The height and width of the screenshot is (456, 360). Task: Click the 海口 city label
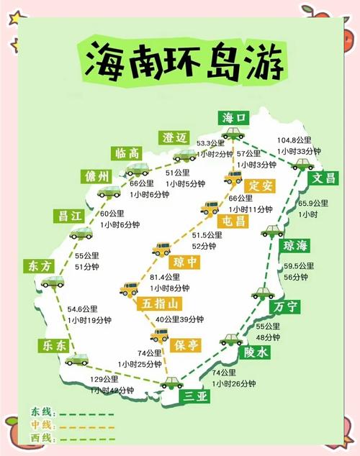[x=235, y=117]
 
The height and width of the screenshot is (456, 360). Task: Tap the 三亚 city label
[x=197, y=395]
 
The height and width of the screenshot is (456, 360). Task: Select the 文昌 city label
[x=321, y=178]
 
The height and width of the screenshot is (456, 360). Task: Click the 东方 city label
[x=38, y=265]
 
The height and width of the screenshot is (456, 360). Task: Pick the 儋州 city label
[x=97, y=176]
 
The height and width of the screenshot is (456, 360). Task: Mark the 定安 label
[x=257, y=184]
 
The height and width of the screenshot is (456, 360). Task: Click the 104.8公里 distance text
[x=295, y=140]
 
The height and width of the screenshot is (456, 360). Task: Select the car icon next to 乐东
[x=76, y=357]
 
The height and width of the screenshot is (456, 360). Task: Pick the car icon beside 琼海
[x=272, y=232]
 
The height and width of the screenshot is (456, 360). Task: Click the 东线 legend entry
[x=41, y=412]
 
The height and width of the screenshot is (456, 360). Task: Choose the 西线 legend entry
[x=41, y=438]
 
